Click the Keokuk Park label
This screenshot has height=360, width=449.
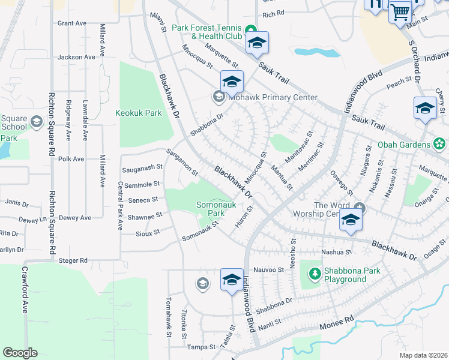[x=139, y=113]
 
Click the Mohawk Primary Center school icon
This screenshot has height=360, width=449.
[x=218, y=97]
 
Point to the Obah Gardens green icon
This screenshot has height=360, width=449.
[x=439, y=145]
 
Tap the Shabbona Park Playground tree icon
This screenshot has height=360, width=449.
[x=314, y=274]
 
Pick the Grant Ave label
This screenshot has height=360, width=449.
[x=72, y=23]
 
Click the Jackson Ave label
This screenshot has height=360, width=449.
[x=76, y=58]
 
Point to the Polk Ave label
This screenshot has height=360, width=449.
[x=72, y=159]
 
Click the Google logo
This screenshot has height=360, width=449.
[x=20, y=353]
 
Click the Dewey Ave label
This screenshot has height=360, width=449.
[x=78, y=218]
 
